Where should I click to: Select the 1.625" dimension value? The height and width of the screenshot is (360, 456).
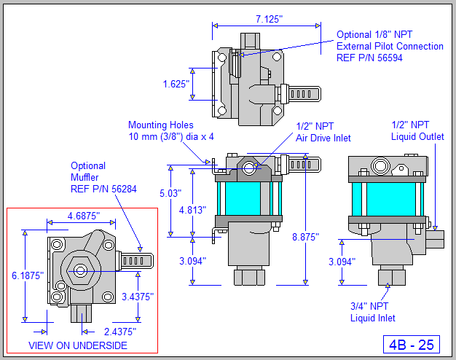176,83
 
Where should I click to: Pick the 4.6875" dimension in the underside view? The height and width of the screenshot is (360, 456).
82,216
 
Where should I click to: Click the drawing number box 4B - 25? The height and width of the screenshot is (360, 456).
410,343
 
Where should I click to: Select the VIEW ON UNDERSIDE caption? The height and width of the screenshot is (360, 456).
76,345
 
